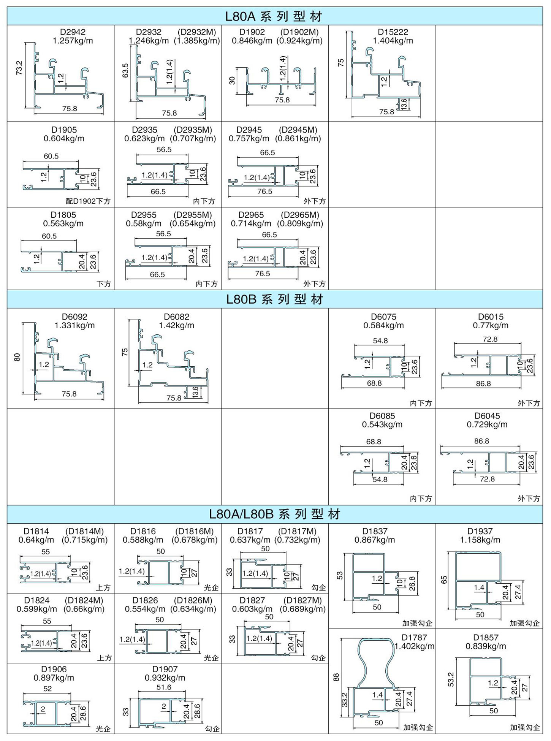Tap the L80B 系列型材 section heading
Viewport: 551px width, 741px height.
[x=274, y=299]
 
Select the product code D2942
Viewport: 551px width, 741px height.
[x=73, y=32]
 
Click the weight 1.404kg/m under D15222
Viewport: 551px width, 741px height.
[x=393, y=41]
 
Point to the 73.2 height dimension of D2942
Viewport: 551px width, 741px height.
[x=19, y=68]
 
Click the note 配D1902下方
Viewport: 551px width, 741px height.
[x=88, y=201]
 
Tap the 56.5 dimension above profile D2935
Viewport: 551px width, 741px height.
[x=164, y=150]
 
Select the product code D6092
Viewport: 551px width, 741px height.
[x=74, y=317]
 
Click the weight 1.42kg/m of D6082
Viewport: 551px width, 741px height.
[x=177, y=326]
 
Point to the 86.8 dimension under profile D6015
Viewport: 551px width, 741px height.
[x=483, y=384]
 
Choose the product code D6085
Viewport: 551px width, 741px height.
[x=382, y=416]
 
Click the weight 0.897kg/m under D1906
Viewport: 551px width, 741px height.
[x=54, y=678]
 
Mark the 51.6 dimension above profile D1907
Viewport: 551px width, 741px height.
[x=164, y=687]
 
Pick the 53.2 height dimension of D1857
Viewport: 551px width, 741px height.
[x=451, y=679]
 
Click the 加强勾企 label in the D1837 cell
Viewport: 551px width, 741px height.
[x=417, y=623]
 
